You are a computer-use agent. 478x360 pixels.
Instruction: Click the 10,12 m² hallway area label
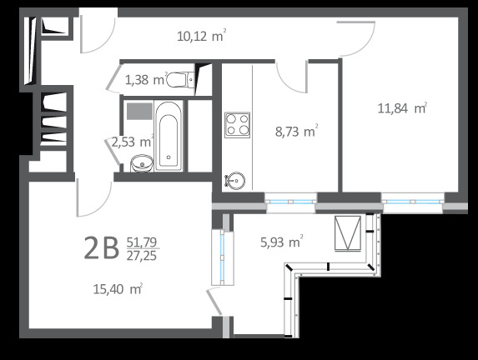[202, 36]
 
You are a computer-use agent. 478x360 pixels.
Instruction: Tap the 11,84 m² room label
[402, 108]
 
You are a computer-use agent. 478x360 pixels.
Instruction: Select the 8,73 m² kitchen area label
[297, 132]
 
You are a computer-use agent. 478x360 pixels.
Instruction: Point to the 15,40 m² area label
[118, 288]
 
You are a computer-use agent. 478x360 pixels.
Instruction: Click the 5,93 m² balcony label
[282, 242]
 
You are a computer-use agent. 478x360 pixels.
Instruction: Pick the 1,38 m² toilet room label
[146, 80]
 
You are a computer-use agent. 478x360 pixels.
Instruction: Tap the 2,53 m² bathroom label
[132, 142]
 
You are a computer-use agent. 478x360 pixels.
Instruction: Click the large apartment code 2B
[101, 247]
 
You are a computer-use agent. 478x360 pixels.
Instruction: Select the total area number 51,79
[142, 242]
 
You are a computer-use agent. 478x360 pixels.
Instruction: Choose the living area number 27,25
[142, 256]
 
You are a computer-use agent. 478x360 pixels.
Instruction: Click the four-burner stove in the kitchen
[237, 124]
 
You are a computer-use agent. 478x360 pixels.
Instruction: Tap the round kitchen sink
[234, 181]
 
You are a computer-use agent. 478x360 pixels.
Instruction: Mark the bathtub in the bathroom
[169, 136]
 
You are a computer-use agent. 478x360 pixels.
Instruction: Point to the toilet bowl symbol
[180, 80]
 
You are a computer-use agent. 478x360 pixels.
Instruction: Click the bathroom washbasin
[142, 164]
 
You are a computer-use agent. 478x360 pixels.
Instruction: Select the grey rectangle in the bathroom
[139, 111]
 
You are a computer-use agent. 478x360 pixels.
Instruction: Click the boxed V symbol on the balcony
[348, 233]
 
